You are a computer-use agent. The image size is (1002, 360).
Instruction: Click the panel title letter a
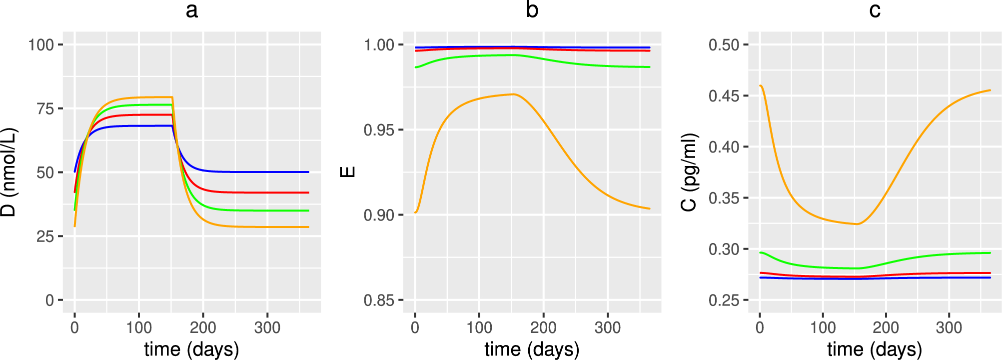pos(191,10)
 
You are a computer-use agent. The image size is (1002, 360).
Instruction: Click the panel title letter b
pos(532,10)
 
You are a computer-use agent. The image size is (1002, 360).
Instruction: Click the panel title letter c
pos(875,10)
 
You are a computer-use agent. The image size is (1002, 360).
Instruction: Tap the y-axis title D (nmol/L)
pos(9,172)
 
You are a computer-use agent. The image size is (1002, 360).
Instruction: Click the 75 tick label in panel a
pos(45,109)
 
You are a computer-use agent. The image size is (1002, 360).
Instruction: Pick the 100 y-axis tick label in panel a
pos(41,45)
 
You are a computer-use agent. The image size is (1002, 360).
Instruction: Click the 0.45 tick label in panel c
pos(724,96)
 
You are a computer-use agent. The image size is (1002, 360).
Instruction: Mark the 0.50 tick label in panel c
pos(724,45)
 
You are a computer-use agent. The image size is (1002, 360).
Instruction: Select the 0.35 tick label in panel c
pos(724,198)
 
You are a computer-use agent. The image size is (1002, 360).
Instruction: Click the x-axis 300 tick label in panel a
pos(267,328)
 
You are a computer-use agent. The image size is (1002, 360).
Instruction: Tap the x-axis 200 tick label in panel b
pos(543,328)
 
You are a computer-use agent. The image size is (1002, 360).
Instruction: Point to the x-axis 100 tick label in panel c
pos(823,328)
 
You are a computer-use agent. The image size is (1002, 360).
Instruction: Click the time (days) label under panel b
pos(532,349)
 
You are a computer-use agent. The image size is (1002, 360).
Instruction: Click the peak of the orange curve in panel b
pos(513,94)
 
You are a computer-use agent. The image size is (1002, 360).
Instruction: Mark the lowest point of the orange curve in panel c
pos(857,224)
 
